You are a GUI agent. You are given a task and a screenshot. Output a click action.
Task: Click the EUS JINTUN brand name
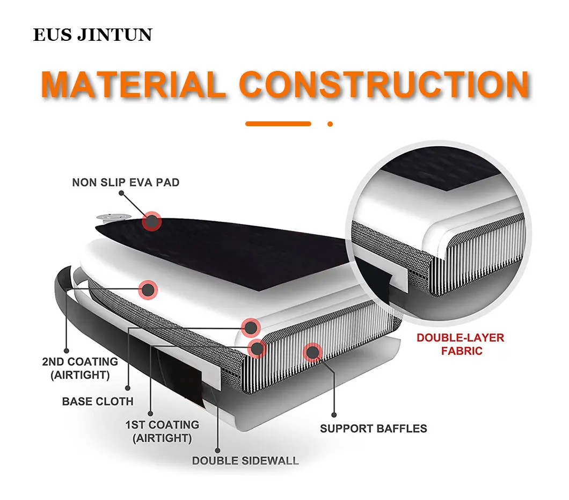click(92, 35)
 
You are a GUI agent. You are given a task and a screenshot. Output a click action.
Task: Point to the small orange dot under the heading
click(330, 124)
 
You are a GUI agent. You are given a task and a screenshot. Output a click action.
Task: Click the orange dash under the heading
click(278, 124)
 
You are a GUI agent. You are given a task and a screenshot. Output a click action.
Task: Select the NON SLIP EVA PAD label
click(126, 183)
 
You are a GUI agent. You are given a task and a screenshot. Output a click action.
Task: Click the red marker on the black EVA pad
click(152, 221)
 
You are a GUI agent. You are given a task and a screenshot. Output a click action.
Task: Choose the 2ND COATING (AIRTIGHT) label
click(80, 368)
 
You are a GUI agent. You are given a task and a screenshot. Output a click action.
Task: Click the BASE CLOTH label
click(98, 401)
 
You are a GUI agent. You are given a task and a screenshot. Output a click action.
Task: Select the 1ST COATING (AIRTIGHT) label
click(162, 431)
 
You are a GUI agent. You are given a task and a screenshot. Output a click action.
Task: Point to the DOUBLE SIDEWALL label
click(245, 460)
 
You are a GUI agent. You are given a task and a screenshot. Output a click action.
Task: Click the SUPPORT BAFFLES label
click(373, 429)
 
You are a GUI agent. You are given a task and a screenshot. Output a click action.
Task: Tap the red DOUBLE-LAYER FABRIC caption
click(460, 344)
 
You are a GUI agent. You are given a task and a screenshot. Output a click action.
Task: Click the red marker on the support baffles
click(311, 352)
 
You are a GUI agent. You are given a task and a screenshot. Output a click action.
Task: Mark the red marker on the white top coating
click(148, 290)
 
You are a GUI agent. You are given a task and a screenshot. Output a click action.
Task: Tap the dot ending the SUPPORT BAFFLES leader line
click(333, 415)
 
